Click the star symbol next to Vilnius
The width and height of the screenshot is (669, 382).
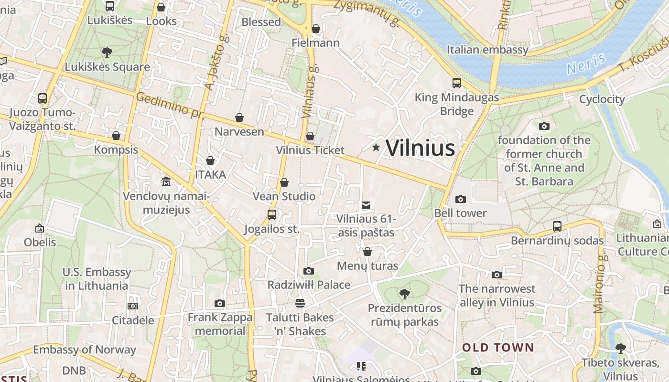pyautogui.click(x=376, y=148)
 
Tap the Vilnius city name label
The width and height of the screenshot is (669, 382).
pyautogui.click(x=420, y=148)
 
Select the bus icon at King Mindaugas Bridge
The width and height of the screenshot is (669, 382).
pyautogui.click(x=457, y=83)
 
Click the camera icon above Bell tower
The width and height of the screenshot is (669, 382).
pyautogui.click(x=461, y=199)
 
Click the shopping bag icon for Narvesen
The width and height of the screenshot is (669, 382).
pyautogui.click(x=239, y=117)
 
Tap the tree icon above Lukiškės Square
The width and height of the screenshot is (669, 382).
pyautogui.click(x=107, y=52)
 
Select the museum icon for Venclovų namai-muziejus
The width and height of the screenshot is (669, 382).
pyautogui.click(x=166, y=182)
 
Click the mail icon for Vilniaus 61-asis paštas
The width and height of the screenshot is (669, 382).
pyautogui.click(x=366, y=205)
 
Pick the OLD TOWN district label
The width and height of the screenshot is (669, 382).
pyautogui.click(x=497, y=347)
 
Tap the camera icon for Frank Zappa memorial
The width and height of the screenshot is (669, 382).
pyautogui.click(x=220, y=303)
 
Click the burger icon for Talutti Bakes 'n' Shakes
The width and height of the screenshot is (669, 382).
pyautogui.click(x=300, y=303)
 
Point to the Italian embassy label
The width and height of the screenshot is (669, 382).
pyautogui.click(x=487, y=50)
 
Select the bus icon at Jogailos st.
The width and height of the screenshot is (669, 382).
pyautogui.click(x=272, y=215)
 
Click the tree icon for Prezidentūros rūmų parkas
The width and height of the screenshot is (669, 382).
pyautogui.click(x=405, y=294)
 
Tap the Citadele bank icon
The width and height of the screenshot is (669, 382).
pyautogui.click(x=133, y=306)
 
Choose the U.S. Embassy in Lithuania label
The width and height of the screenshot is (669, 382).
pyautogui.click(x=97, y=279)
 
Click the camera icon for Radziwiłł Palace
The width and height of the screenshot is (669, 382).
pyautogui.click(x=309, y=271)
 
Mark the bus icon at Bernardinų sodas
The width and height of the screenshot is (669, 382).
pyautogui.click(x=557, y=226)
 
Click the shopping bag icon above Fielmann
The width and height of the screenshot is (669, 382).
pyautogui.click(x=316, y=29)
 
